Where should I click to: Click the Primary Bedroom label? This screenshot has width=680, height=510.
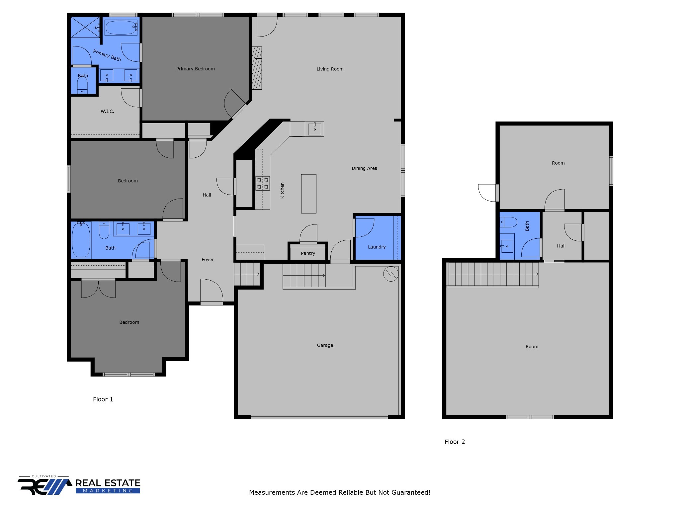pyautogui.click(x=195, y=69)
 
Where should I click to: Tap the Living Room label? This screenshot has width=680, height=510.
pyautogui.click(x=330, y=69)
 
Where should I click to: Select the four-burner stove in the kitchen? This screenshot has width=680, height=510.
pyautogui.click(x=262, y=184)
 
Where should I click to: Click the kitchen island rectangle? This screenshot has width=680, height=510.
pyautogui.click(x=308, y=194)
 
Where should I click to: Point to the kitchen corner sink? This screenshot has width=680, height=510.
pyautogui.click(x=314, y=129)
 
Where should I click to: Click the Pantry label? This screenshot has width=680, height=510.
pyautogui.click(x=308, y=253)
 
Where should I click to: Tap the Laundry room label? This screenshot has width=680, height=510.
pyautogui.click(x=377, y=247)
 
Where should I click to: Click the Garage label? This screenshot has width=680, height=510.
pyautogui.click(x=325, y=345)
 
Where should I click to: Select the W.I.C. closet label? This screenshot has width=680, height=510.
pyautogui.click(x=107, y=111)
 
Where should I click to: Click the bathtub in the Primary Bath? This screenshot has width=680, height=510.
pyautogui.click(x=121, y=28)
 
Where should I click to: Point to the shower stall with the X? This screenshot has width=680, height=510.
pyautogui.click(x=85, y=27)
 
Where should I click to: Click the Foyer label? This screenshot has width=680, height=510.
pyautogui.click(x=208, y=260)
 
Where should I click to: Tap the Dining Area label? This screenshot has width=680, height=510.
pyautogui.click(x=364, y=168)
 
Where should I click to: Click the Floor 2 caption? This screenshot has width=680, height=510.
pyautogui.click(x=455, y=442)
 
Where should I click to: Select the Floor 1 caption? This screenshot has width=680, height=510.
pyautogui.click(x=103, y=399)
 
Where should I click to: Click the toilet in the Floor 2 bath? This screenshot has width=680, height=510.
pyautogui.click(x=508, y=222)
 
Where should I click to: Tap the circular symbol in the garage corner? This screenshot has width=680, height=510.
pyautogui.click(x=390, y=274)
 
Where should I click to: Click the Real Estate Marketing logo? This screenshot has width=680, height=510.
pyautogui.click(x=79, y=486)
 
